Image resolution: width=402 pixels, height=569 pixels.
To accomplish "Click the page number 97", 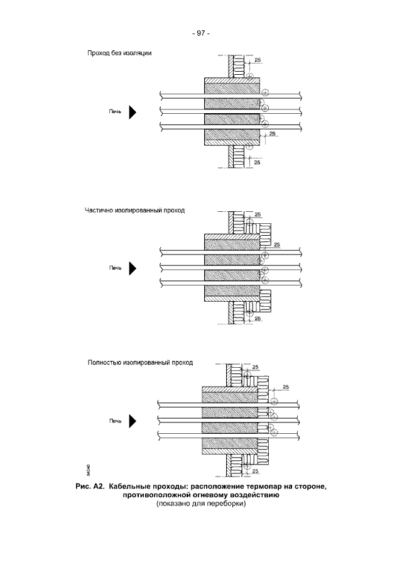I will point(201,33).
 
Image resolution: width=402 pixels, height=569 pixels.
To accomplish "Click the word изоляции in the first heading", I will point(137,53).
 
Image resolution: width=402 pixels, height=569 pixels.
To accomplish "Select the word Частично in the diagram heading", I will point(99,210).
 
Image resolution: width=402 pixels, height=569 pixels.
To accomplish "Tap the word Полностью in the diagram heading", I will point(103,363).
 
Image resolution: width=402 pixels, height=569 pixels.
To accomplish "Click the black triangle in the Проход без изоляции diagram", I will point(133,113).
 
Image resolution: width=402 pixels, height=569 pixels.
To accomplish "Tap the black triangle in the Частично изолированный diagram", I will point(133,268).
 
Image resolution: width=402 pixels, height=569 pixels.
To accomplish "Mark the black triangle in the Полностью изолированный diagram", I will point(133,420).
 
